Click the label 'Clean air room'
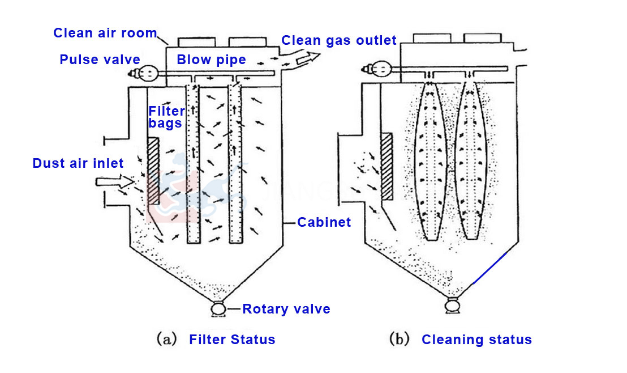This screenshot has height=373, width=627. point(105,33)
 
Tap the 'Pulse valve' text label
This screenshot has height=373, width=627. point(100,60)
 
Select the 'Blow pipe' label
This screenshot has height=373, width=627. point(211,60)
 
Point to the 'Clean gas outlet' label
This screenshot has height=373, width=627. point(339,41)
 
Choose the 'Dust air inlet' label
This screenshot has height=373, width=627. point(78,164)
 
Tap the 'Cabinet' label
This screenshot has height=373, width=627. point(324,222)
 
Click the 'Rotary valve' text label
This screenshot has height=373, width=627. point(286,309)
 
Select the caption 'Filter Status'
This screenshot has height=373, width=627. point(232,340)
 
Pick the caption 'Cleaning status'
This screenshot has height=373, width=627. point(476,340)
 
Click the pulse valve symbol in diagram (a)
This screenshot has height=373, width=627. point(146,72)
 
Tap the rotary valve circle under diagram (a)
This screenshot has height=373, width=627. point(217,310)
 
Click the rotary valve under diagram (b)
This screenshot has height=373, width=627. point(452,307)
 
